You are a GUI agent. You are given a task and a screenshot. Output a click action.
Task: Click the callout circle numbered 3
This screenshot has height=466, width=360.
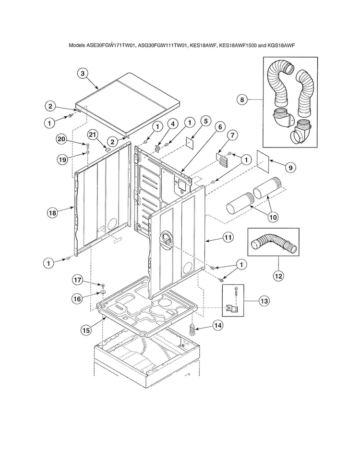click(83, 73)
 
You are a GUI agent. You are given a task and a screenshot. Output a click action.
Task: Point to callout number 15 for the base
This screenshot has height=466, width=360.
click(86, 330)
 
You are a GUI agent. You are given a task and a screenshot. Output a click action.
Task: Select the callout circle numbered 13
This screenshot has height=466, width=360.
click(263, 301)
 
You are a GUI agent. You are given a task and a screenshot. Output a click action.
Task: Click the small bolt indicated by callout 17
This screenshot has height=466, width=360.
click(103, 285)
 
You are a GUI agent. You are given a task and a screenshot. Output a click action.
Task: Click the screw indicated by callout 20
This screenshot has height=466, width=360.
click(89, 144)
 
